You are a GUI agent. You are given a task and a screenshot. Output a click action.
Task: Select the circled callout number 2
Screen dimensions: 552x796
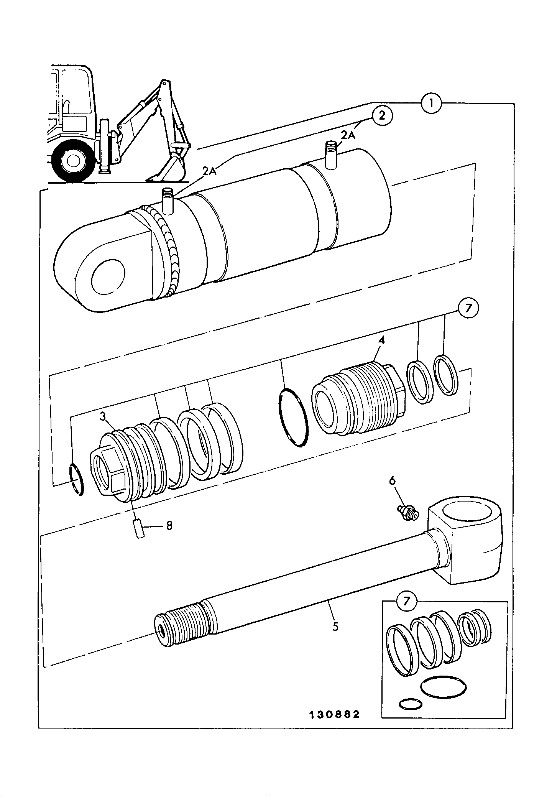coord(381,116)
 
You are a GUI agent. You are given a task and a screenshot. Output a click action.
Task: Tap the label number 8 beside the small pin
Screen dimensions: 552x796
coord(169,525)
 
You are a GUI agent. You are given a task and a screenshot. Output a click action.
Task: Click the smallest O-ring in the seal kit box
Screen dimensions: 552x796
coord(411,704)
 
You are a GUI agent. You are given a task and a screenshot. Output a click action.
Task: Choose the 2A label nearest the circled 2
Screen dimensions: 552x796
coord(348,135)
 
